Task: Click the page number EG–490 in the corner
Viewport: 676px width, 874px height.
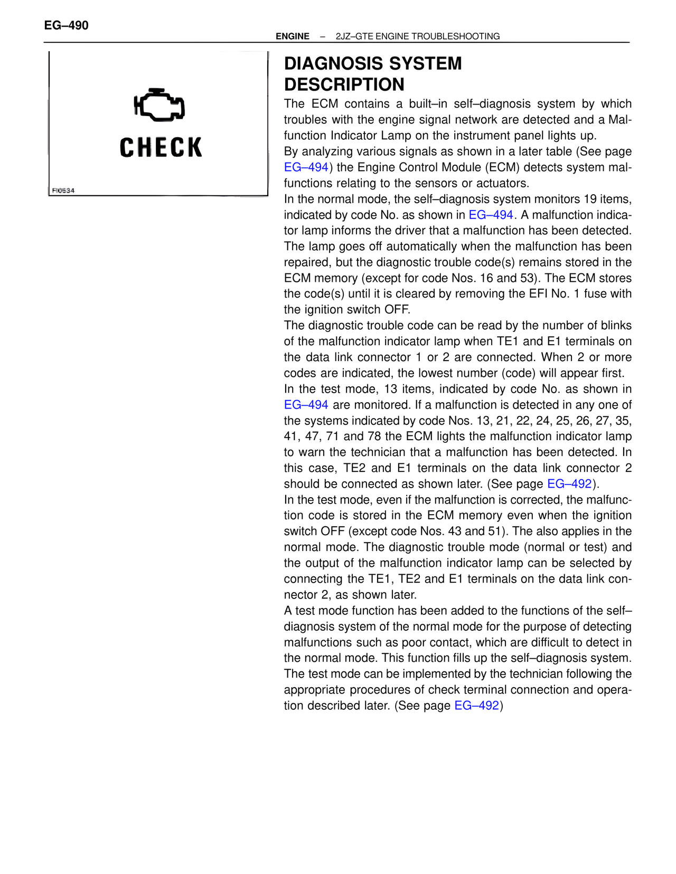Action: [x=66, y=25]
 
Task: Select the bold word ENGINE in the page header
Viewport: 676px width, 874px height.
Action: [x=293, y=36]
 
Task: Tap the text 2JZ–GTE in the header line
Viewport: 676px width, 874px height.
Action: [x=352, y=36]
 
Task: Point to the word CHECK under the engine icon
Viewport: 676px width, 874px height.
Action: [x=161, y=147]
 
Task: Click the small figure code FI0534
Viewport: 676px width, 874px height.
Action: [x=63, y=191]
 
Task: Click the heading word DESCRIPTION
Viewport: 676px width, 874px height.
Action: [x=344, y=84]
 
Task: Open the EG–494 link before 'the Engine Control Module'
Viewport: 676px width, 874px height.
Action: [x=306, y=167]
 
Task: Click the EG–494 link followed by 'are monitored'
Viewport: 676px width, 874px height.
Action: [x=306, y=405]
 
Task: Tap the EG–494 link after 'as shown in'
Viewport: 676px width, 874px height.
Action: [x=491, y=215]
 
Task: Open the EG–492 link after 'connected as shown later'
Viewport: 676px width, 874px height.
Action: [x=569, y=484]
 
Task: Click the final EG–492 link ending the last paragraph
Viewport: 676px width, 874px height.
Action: [x=476, y=706]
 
